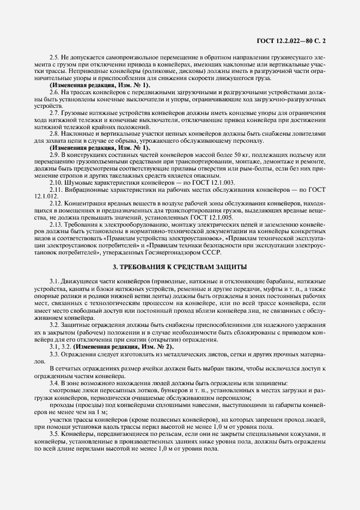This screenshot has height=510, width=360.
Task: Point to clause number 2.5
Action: coord(54,58)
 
